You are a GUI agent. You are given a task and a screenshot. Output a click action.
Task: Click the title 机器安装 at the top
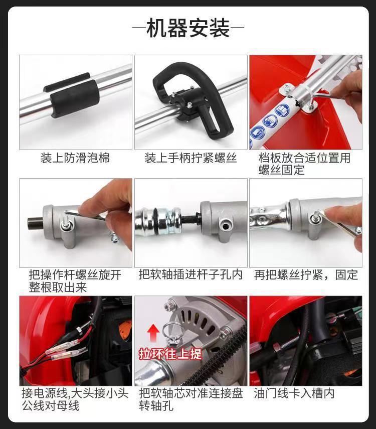tap(188, 28)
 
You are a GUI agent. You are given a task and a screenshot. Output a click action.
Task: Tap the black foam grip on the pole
tap(74, 98)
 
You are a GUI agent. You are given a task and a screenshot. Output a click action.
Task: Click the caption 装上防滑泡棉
tap(75, 158)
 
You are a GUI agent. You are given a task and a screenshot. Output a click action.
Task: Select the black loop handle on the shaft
tap(192, 98)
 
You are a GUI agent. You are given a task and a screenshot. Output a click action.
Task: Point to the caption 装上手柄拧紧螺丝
tap(191, 158)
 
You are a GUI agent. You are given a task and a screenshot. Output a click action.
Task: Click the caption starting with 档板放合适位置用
tap(304, 164)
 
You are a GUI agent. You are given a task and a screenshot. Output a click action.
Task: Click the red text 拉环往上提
tap(170, 354)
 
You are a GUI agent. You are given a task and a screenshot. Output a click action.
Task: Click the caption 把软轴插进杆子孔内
tap(191, 274)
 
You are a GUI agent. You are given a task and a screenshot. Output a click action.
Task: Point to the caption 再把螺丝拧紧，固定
tap(306, 274)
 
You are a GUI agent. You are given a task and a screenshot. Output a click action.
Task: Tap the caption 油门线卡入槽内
tap(294, 393)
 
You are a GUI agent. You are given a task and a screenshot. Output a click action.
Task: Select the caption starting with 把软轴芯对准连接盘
tap(191, 399)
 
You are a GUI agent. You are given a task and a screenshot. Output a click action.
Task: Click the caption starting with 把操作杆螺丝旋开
tap(75, 280)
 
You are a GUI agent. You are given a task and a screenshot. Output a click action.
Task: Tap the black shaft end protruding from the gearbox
tap(36, 223)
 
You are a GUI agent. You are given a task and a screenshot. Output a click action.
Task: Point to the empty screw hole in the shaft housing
tap(225, 227)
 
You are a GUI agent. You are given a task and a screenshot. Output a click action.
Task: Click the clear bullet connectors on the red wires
tap(66, 351)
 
